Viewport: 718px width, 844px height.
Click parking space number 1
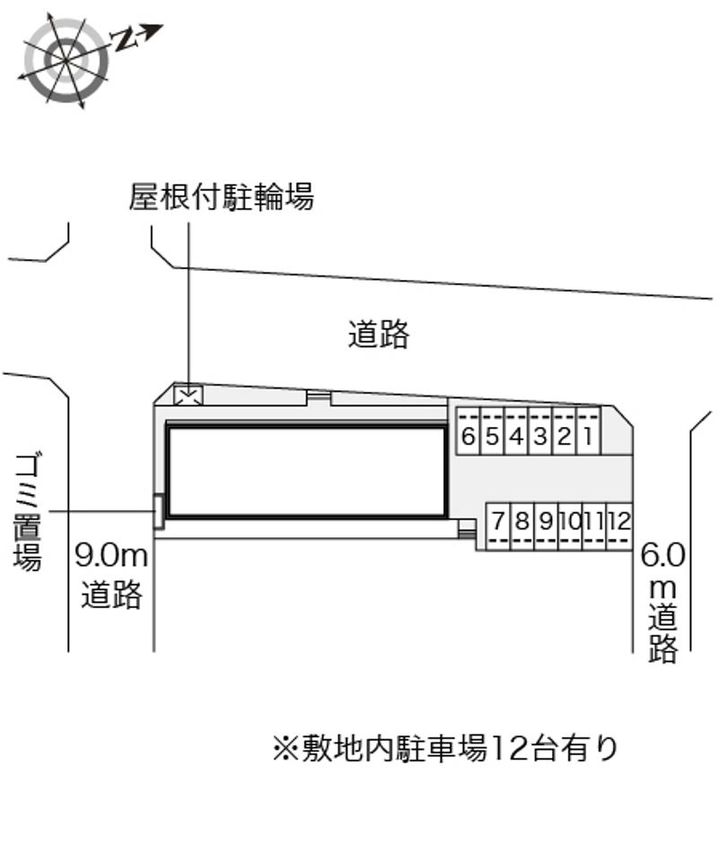[589, 431]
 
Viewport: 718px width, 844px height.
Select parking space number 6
[468, 431]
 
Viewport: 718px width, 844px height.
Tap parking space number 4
[517, 431]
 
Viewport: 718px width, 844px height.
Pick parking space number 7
[498, 526]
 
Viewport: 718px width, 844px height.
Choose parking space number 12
[619, 526]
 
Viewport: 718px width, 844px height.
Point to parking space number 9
[547, 526]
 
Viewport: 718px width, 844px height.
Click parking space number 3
[541, 431]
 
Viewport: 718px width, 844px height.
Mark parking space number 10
[571, 526]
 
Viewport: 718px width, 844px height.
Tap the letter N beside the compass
[125, 39]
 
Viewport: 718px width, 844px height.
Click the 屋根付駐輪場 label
[221, 196]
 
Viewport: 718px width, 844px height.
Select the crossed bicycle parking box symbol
[188, 396]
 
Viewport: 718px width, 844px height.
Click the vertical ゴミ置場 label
[28, 512]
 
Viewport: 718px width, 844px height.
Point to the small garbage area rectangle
[158, 511]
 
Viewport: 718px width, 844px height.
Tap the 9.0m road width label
[111, 555]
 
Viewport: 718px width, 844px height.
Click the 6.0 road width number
[662, 555]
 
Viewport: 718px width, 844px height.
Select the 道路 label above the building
[379, 335]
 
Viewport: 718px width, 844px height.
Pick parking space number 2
[565, 431]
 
